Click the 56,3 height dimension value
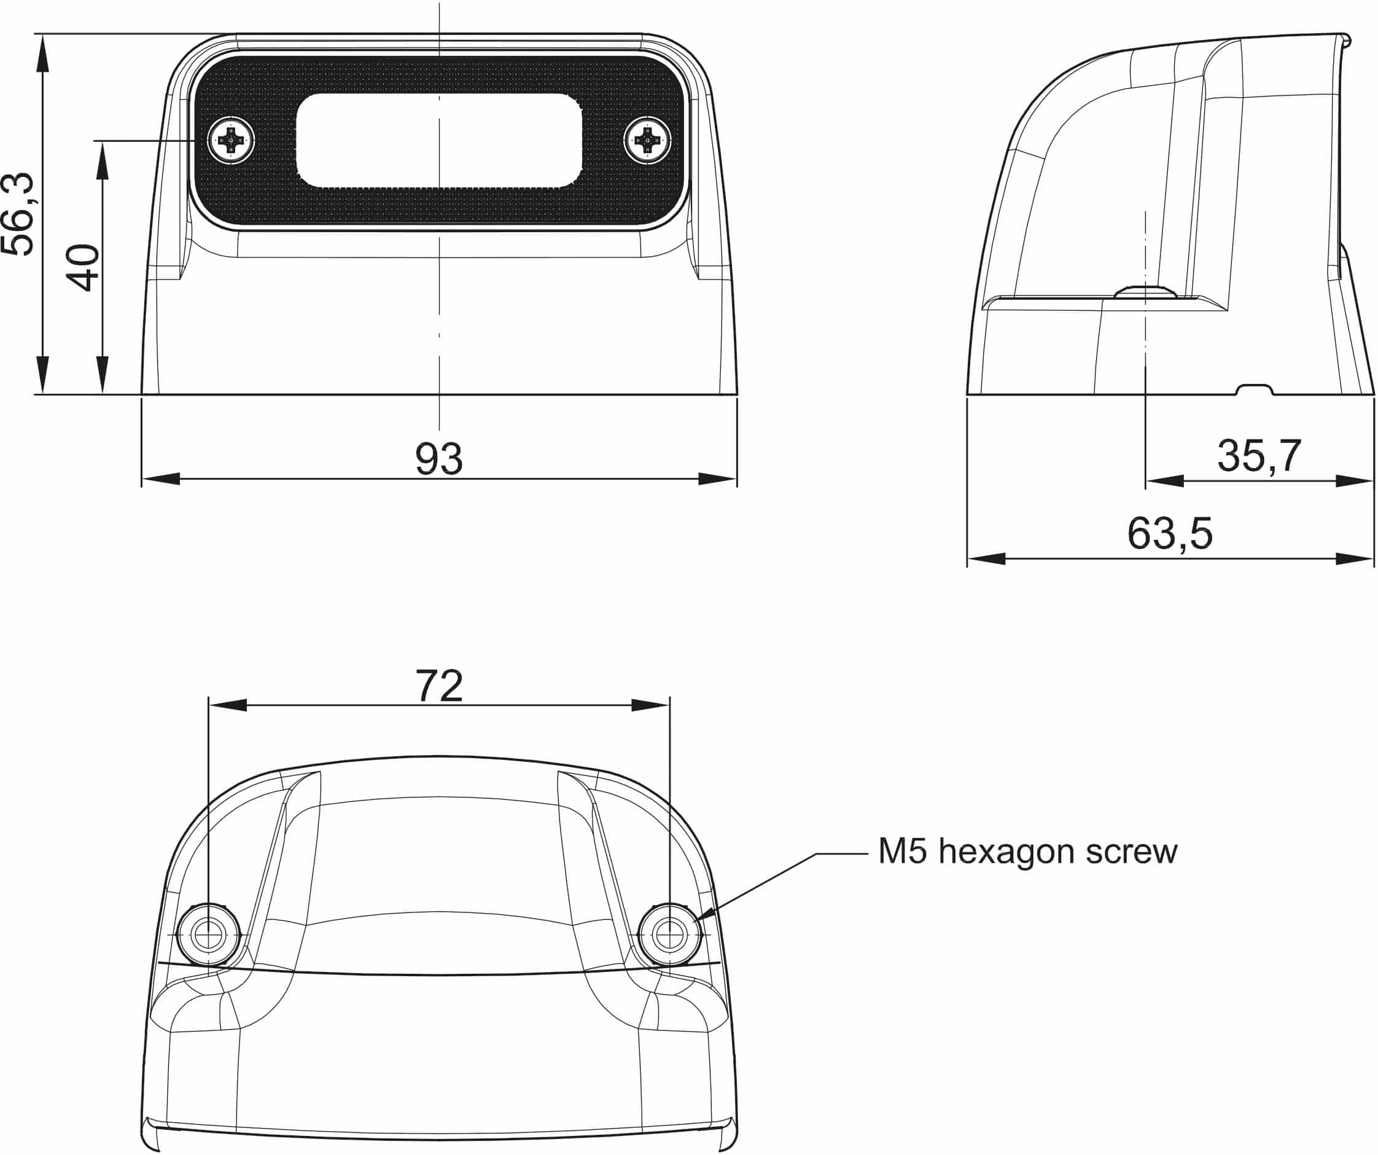pyautogui.click(x=18, y=214)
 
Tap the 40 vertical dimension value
pyautogui.click(x=84, y=267)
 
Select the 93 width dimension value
pyautogui.click(x=439, y=458)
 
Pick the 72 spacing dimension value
pyautogui.click(x=439, y=686)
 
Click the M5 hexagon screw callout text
pyautogui.click(x=1027, y=852)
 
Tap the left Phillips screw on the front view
pyautogui.click(x=231, y=140)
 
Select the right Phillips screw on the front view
pyautogui.click(x=648, y=140)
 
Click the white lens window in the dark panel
pyautogui.click(x=439, y=140)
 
